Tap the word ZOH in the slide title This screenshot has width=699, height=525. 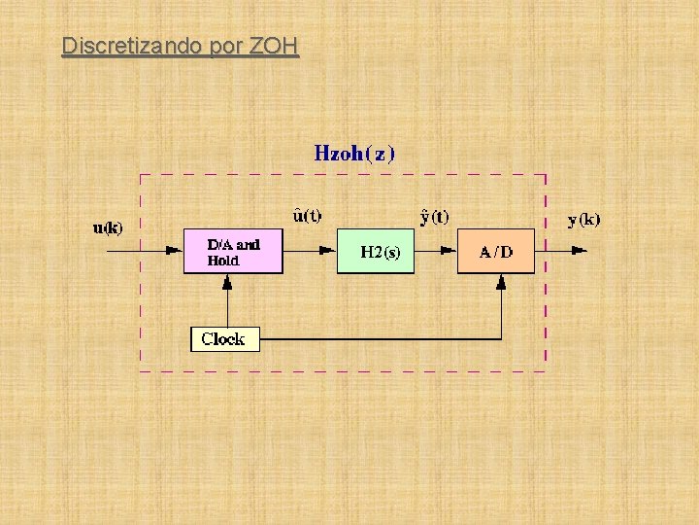pos(275,46)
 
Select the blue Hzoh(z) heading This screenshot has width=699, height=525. pos(354,153)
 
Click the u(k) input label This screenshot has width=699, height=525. pos(108,228)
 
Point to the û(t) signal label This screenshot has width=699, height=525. pos(307,215)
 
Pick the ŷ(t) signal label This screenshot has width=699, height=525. pos(433,216)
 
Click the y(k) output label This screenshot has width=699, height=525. pos(583,220)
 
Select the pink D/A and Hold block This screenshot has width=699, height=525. pos(233,252)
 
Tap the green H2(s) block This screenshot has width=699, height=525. pos(375,252)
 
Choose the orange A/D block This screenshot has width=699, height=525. pos(496,252)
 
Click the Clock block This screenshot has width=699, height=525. pos(223,338)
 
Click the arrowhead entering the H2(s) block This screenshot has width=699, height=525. pos(328,250)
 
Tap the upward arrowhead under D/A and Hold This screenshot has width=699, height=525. pos(227,282)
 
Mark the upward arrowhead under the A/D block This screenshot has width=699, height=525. pos(501,282)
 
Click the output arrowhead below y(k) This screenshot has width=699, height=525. pos(579,250)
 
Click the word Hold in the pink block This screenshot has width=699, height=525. pos(223,261)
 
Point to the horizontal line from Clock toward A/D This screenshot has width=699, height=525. pos(379,338)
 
